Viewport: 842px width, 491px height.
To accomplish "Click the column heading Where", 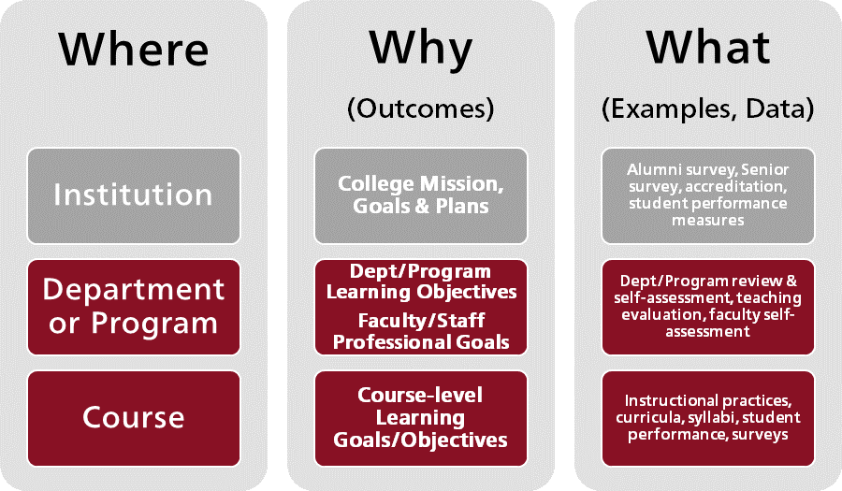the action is (x=134, y=49).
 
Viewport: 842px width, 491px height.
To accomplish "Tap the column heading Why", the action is (x=420, y=50).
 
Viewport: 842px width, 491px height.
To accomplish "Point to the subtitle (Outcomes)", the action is (x=420, y=108).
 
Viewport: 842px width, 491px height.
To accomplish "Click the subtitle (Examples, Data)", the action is (x=708, y=108).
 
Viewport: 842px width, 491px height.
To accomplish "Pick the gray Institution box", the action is (x=134, y=195).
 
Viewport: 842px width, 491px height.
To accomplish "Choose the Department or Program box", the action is (x=134, y=307).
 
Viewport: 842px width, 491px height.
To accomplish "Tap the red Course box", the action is (x=134, y=418).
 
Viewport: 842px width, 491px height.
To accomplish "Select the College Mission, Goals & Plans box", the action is (x=420, y=195).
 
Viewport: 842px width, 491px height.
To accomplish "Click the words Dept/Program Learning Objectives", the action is (x=421, y=282).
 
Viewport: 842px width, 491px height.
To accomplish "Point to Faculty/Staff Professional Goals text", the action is (x=421, y=331).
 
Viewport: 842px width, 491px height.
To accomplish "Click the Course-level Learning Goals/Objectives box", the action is (x=420, y=418).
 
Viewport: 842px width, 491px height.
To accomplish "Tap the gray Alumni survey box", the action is (x=708, y=195).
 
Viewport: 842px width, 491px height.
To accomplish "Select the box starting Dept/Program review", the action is (x=708, y=307).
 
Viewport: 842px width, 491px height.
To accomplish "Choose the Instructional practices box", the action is (x=708, y=418).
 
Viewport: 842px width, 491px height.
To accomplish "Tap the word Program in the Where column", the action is (x=154, y=324).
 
